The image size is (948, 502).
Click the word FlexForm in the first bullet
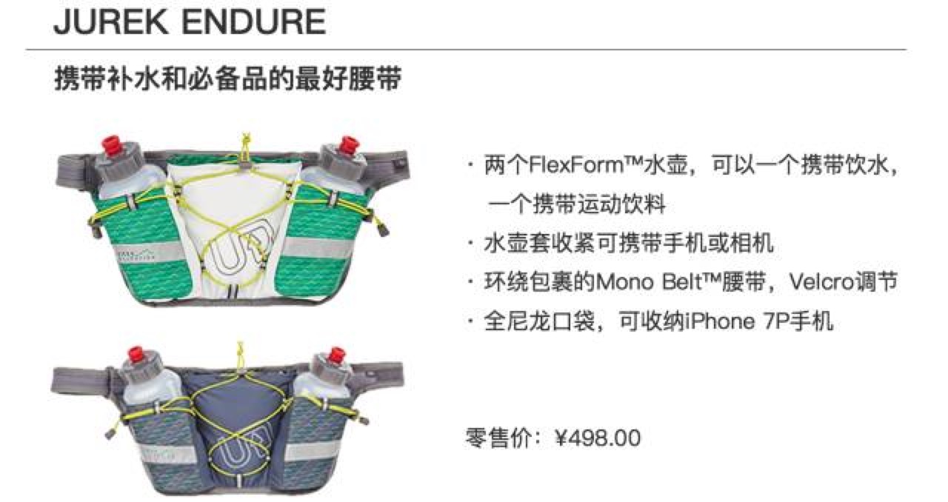coord(578,164)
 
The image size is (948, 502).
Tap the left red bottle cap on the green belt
coord(112,146)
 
